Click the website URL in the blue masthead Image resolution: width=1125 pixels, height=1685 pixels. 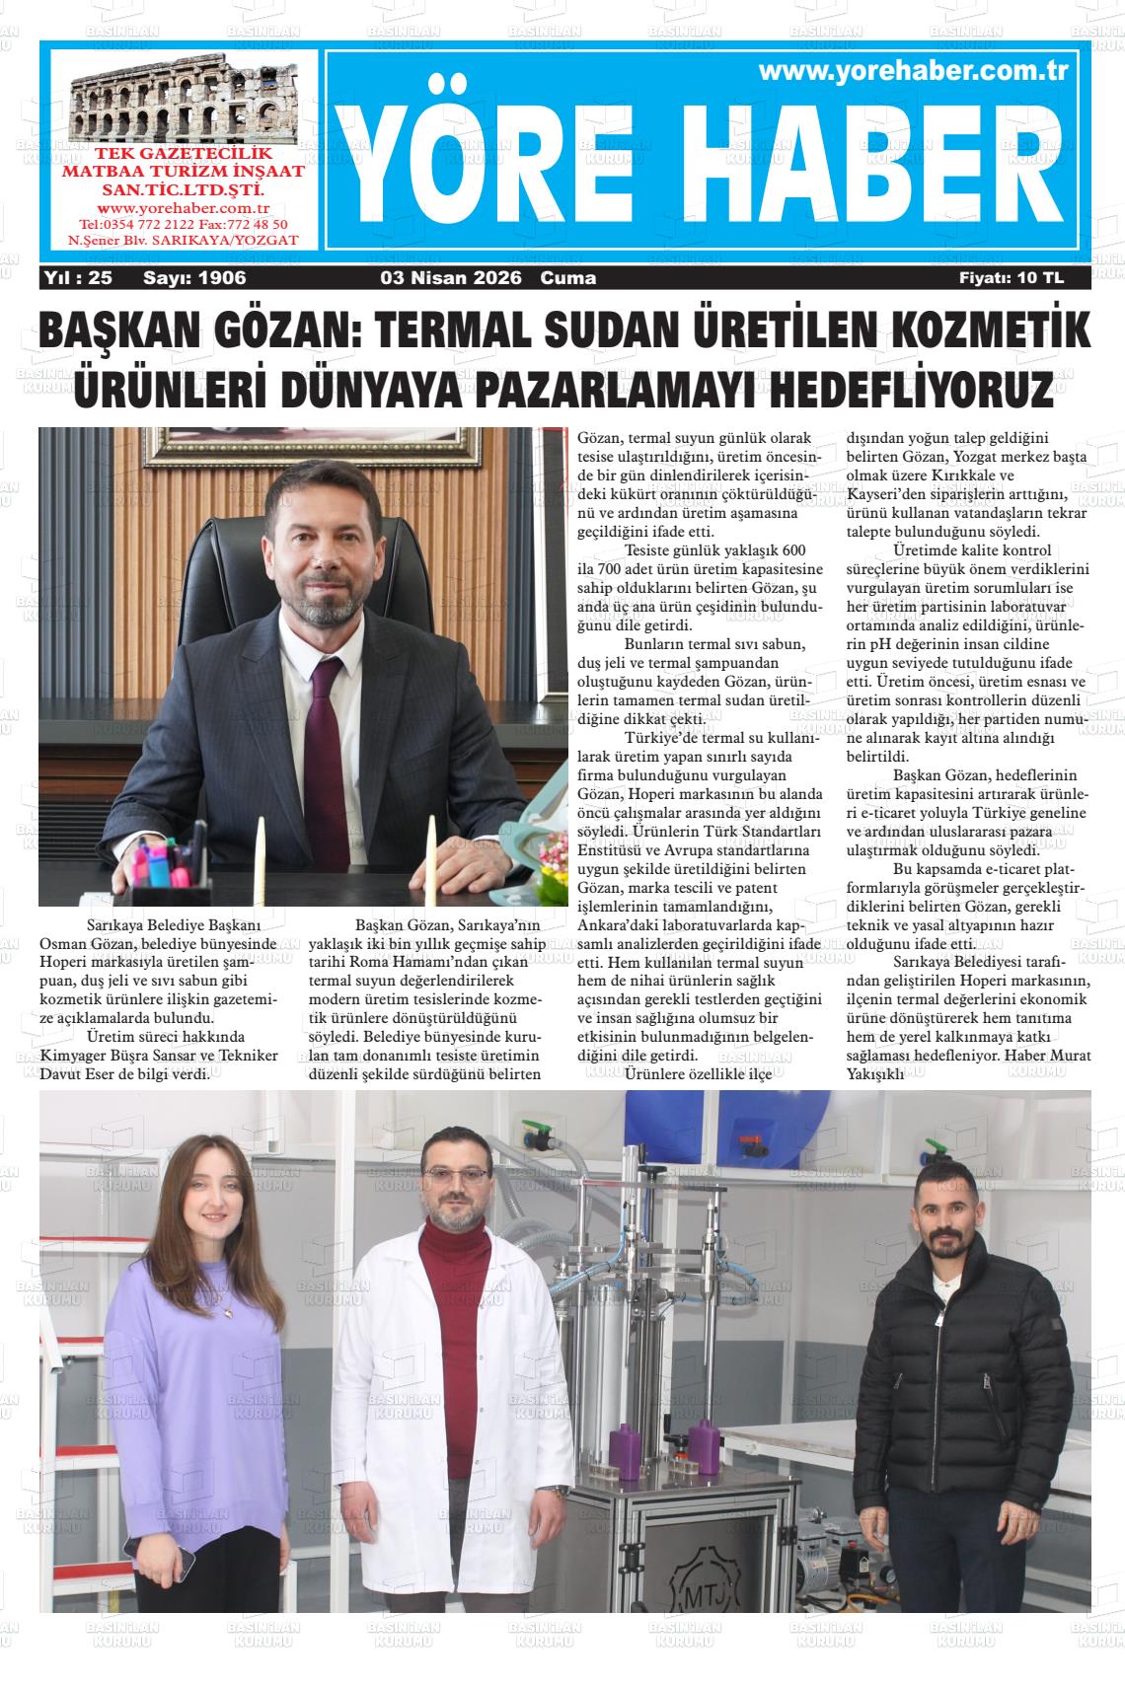(x=914, y=71)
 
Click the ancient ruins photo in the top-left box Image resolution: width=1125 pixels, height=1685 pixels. (x=183, y=102)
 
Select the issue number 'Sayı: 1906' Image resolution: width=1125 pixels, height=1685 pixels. (x=194, y=278)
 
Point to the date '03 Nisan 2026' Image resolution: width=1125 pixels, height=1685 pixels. (x=451, y=278)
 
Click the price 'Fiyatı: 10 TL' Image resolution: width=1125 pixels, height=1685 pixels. (x=1012, y=278)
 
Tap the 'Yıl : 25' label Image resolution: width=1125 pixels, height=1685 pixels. (x=79, y=278)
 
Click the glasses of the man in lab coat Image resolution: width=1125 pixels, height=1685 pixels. (x=461, y=1176)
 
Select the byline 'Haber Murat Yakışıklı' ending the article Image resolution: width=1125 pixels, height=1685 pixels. (x=1007, y=1064)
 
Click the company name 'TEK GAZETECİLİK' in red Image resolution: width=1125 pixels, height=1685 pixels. (x=183, y=155)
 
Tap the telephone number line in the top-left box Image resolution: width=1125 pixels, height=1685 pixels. (x=183, y=224)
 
